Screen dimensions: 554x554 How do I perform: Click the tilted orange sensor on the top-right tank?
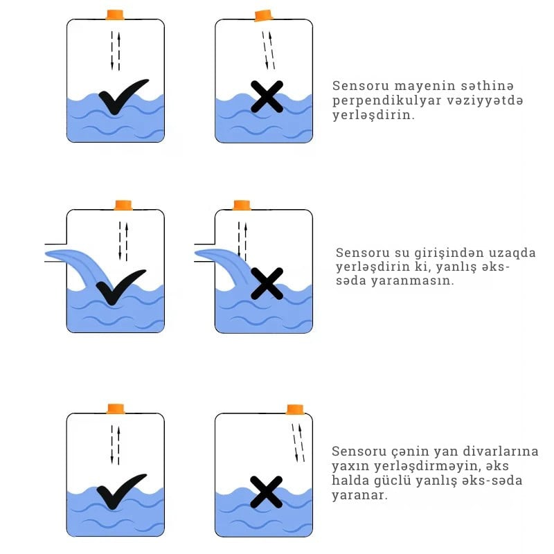pyautogui.click(x=263, y=15)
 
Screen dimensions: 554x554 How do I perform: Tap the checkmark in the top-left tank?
pyautogui.click(x=123, y=96)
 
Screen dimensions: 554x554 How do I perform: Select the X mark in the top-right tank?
pyautogui.click(x=267, y=97)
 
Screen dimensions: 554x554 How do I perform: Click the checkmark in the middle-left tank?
pyautogui.click(x=120, y=287)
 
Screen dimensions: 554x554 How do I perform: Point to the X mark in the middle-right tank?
pyautogui.click(x=267, y=284)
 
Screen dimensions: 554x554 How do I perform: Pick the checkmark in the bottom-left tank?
pyautogui.click(x=120, y=491)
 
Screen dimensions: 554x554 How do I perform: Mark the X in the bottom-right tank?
pyautogui.click(x=266, y=492)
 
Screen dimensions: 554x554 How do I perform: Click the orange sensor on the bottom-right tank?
pyautogui.click(x=295, y=409)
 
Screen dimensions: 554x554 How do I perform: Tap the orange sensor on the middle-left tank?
pyautogui.click(x=123, y=205)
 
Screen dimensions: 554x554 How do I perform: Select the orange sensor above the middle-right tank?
pyautogui.click(x=242, y=205)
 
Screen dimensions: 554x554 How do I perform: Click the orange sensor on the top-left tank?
pyautogui.click(x=115, y=15)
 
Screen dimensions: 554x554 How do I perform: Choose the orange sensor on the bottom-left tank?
pyautogui.click(x=116, y=409)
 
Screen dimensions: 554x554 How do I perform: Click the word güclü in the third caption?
pyautogui.click(x=391, y=481)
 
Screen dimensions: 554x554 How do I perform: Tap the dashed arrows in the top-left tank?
pyautogui.click(x=116, y=51)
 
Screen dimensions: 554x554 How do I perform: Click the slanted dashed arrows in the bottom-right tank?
pyautogui.click(x=298, y=443)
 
